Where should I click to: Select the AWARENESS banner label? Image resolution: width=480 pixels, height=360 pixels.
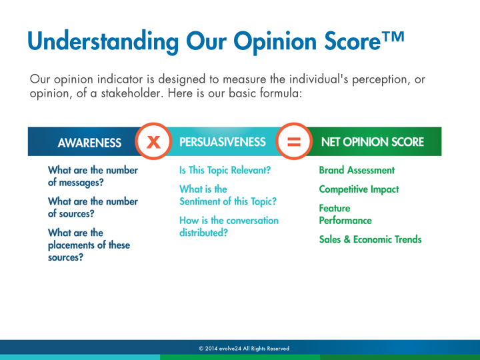tap(89, 143)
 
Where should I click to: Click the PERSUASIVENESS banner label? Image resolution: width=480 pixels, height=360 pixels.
tap(223, 142)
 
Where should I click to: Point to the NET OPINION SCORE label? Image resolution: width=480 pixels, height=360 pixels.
tap(373, 142)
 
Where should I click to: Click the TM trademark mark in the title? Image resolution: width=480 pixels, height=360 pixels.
tap(393, 37)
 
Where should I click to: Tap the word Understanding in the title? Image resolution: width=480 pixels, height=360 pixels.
tap(103, 41)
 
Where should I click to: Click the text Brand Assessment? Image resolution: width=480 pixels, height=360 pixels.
tap(357, 170)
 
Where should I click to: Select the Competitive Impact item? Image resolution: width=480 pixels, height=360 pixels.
tap(359, 189)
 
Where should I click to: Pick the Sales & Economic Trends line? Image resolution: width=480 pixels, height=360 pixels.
tap(370, 239)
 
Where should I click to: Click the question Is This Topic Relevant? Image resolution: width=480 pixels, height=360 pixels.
tap(225, 170)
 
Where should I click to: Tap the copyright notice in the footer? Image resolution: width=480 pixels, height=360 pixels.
tap(244, 349)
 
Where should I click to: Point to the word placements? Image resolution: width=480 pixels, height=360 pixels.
tap(69, 245)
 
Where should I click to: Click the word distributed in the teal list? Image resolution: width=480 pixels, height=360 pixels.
tap(201, 233)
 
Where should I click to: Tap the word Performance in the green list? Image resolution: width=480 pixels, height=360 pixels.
tap(345, 221)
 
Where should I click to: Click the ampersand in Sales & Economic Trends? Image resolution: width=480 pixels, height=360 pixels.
tap(347, 239)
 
